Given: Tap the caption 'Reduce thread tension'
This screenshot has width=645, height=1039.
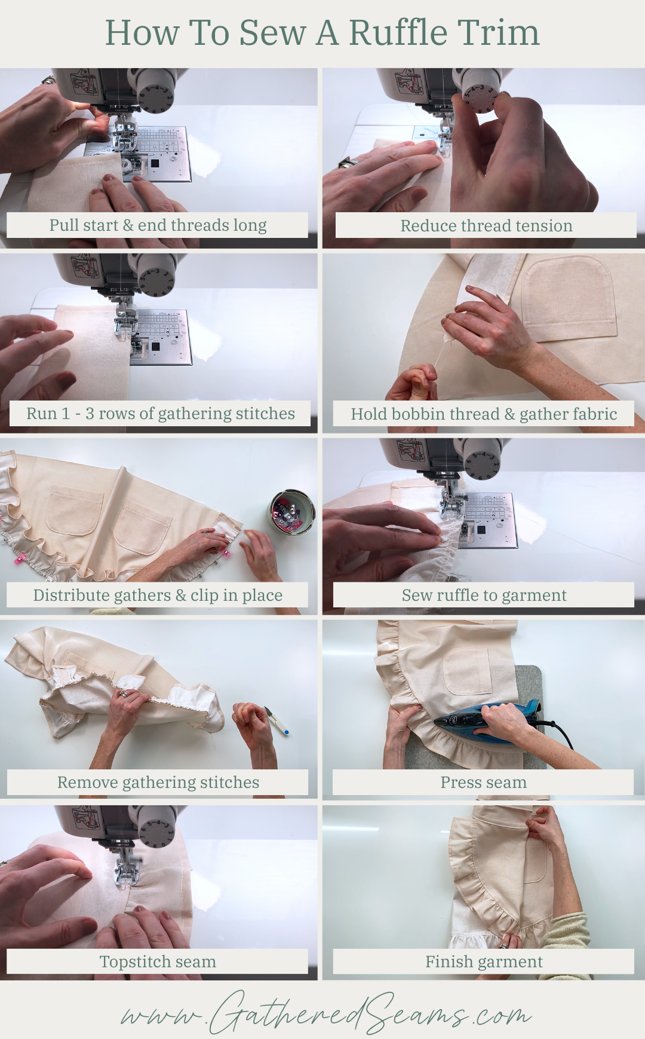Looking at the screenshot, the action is (486, 225).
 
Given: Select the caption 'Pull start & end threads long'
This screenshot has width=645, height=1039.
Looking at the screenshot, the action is (158, 225).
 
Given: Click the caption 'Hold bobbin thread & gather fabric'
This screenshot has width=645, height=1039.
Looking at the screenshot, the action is (484, 414).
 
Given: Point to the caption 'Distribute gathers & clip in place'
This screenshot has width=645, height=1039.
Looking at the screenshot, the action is (158, 595).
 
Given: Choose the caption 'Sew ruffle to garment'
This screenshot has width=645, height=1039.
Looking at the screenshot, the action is (484, 595).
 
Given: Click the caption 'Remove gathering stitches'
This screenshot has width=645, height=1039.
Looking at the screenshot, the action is (158, 783).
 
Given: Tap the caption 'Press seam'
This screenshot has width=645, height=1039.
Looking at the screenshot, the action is (484, 783).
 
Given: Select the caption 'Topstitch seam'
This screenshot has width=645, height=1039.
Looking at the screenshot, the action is (158, 962).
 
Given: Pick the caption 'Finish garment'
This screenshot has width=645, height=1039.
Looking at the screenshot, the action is (484, 962).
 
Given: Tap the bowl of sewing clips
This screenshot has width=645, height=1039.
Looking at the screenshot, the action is (292, 512).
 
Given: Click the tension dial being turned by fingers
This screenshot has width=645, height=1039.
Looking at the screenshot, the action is (478, 98).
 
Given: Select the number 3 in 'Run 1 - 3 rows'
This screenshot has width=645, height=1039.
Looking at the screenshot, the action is (90, 414).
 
